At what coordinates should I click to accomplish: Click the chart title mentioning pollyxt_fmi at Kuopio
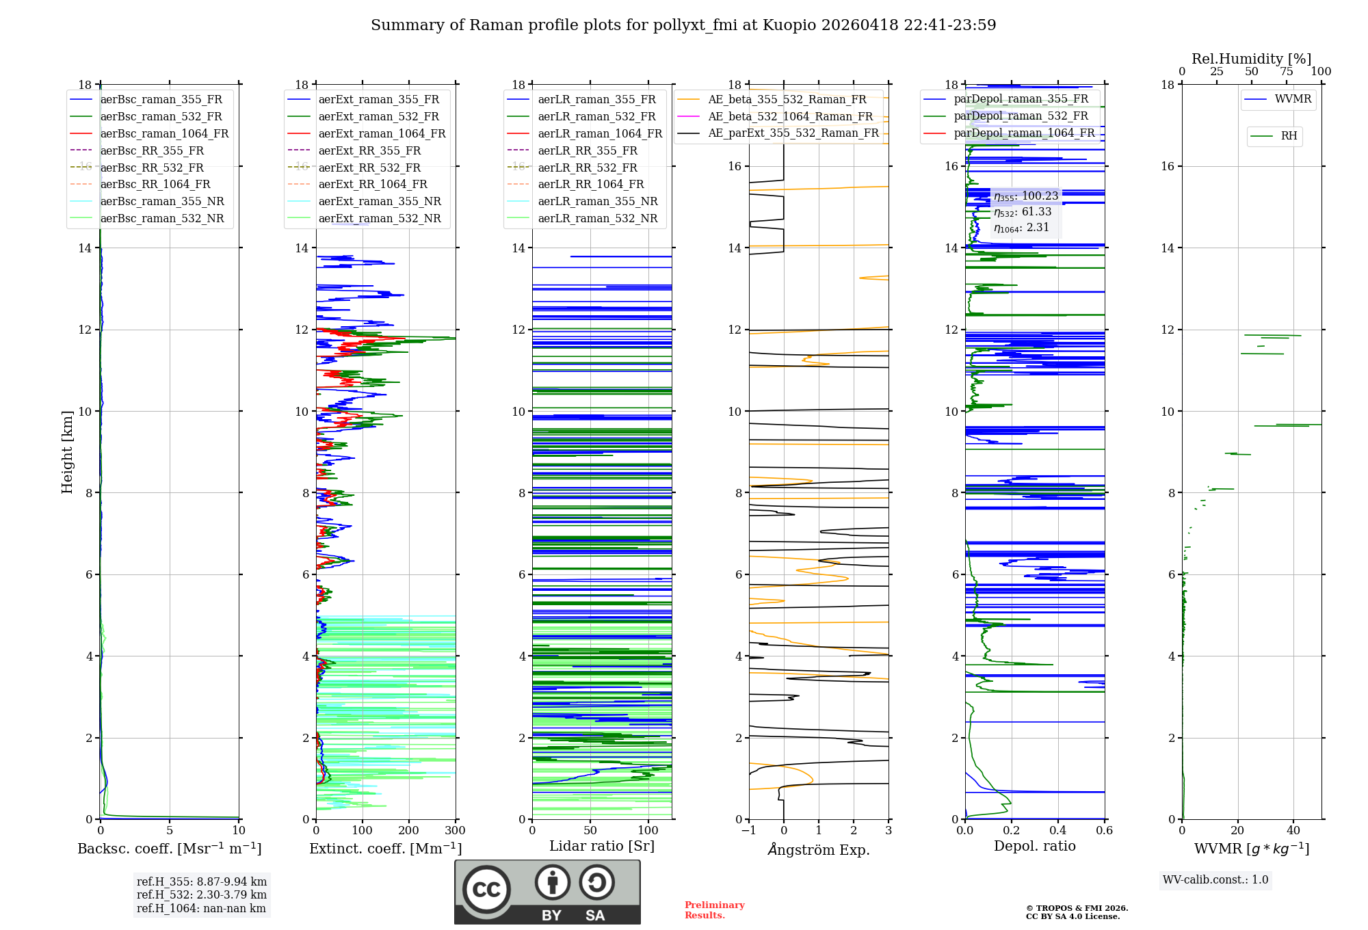pos(683,25)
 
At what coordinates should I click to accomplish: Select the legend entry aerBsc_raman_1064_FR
pos(164,133)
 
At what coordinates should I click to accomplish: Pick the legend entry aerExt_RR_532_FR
pos(369,168)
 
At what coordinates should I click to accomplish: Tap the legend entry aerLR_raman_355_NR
pos(597,201)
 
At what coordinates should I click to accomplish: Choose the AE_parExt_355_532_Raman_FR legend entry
pos(793,133)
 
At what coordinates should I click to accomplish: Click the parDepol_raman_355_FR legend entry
pos(1021,98)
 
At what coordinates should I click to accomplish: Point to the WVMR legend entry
pos(1293,99)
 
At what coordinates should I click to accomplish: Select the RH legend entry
pos(1289,136)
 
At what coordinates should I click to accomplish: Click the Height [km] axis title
pos(67,451)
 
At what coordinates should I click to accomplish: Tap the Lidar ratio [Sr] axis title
pos(602,846)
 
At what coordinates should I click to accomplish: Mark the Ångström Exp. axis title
pos(819,849)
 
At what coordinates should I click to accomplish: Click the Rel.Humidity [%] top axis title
pos(1251,59)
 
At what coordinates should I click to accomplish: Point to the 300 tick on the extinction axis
pos(455,831)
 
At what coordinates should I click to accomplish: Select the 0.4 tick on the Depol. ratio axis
pos(1058,831)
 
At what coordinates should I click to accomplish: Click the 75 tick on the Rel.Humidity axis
pos(1287,72)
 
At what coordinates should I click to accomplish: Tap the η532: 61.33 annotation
pos(1023,212)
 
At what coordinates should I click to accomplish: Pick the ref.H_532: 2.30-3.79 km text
pos(201,894)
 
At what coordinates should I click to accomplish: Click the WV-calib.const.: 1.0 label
pos(1215,880)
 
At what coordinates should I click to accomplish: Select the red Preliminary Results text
pos(714,909)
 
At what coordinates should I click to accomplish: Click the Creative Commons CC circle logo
pos(486,889)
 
